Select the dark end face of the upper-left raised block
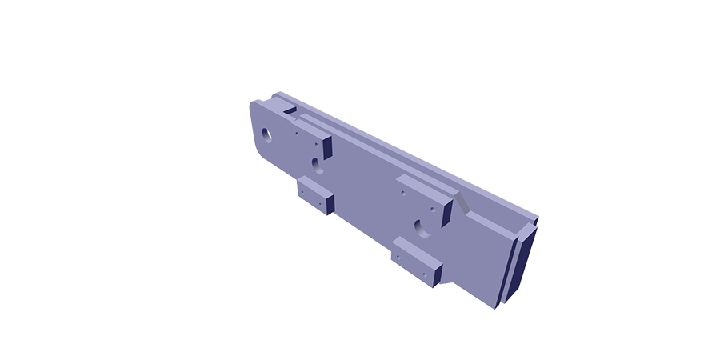(327, 146)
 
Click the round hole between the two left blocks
(318, 166)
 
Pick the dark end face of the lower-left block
(327, 204)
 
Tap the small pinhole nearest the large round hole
(296, 134)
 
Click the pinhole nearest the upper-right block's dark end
(433, 210)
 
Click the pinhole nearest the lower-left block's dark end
(320, 203)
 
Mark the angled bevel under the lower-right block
(448, 276)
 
